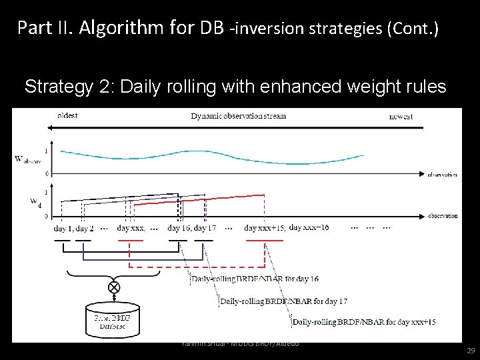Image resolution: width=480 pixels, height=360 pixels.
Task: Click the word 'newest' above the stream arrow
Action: (x=401, y=117)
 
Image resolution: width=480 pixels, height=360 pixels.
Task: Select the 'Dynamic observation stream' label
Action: (x=238, y=116)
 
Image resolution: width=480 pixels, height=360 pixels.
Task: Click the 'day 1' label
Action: (x=62, y=228)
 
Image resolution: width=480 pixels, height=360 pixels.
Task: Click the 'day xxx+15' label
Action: (x=265, y=228)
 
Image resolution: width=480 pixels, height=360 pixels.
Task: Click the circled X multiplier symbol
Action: (x=114, y=287)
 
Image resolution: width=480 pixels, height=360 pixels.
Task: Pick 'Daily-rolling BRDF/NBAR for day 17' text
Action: (x=284, y=301)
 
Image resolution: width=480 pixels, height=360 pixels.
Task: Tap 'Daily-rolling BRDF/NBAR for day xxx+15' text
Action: (x=364, y=321)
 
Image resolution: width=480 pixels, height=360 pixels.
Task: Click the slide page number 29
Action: (x=470, y=349)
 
